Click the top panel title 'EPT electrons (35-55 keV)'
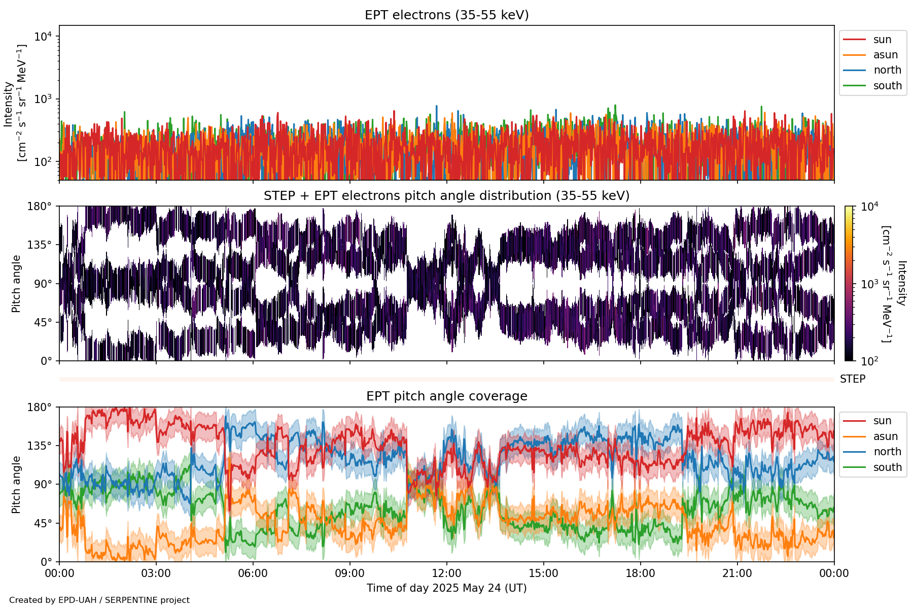click(x=446, y=15)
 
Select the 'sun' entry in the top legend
click(x=882, y=40)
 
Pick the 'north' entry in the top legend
click(x=887, y=70)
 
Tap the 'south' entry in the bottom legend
click(x=887, y=467)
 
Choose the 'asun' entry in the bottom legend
click(x=885, y=436)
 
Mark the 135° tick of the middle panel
click(x=40, y=245)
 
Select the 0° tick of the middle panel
click(x=46, y=361)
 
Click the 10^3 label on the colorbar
click(x=870, y=284)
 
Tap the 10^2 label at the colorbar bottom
click(x=870, y=361)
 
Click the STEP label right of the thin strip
click(x=853, y=379)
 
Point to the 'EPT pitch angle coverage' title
click(x=446, y=396)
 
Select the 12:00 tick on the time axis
click(x=446, y=573)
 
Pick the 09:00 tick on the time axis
click(x=349, y=573)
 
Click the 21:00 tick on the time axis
click(x=737, y=573)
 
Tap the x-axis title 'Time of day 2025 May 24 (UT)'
click(x=446, y=588)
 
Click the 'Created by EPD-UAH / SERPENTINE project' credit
click(x=99, y=600)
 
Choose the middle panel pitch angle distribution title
click(x=446, y=196)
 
